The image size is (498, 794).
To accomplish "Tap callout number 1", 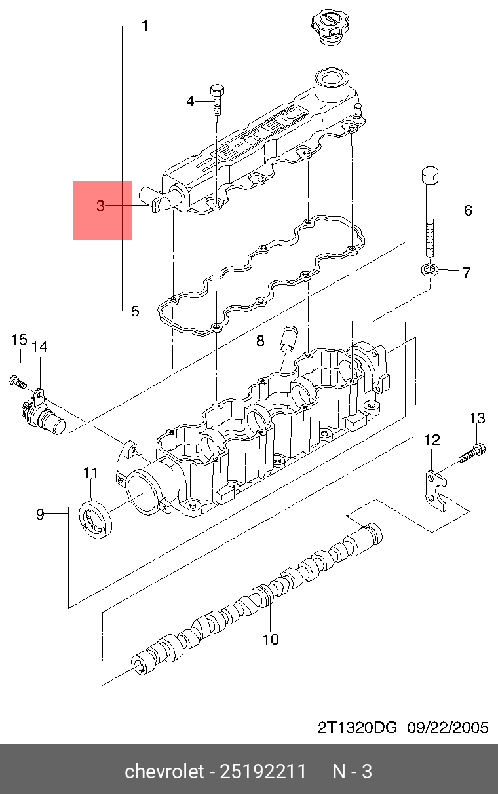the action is tap(145, 26).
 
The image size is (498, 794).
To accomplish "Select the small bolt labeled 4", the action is tap(217, 100).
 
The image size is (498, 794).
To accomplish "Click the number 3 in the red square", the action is tap(101, 206).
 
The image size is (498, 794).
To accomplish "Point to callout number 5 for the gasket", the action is tap(135, 312).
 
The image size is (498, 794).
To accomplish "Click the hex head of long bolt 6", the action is tap(430, 175).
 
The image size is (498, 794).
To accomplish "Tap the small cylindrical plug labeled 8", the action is tap(290, 338).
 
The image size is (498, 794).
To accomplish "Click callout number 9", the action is tap(40, 514).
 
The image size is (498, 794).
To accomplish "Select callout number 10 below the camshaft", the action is tap(271, 639).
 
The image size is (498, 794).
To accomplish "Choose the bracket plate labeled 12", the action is tap(436, 491).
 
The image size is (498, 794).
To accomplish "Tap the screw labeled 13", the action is tap(472, 453).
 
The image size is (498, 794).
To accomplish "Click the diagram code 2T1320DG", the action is tap(357, 728).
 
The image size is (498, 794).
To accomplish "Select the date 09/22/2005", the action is tap(448, 728).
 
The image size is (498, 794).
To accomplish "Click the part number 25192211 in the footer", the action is tap(263, 771).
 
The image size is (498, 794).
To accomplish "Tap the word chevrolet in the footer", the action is tap(164, 771).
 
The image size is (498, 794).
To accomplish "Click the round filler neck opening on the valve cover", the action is tap(332, 76).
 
